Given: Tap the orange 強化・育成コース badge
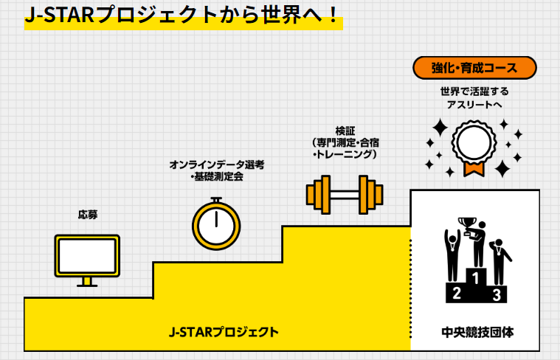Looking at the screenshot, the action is tap(474, 68).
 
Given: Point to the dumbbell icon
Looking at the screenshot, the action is tap(345, 195).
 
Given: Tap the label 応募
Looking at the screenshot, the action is tap(88, 215).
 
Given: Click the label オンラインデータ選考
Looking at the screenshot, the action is tap(217, 165).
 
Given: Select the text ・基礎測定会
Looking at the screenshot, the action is tap(217, 177).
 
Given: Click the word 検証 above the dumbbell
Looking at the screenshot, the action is tap(345, 131).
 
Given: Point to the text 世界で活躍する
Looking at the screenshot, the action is tap(474, 91).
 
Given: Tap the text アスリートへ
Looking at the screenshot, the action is tap(474, 105).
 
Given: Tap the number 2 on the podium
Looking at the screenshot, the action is tap(456, 294).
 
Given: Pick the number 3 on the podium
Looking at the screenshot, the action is tap(497, 295).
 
